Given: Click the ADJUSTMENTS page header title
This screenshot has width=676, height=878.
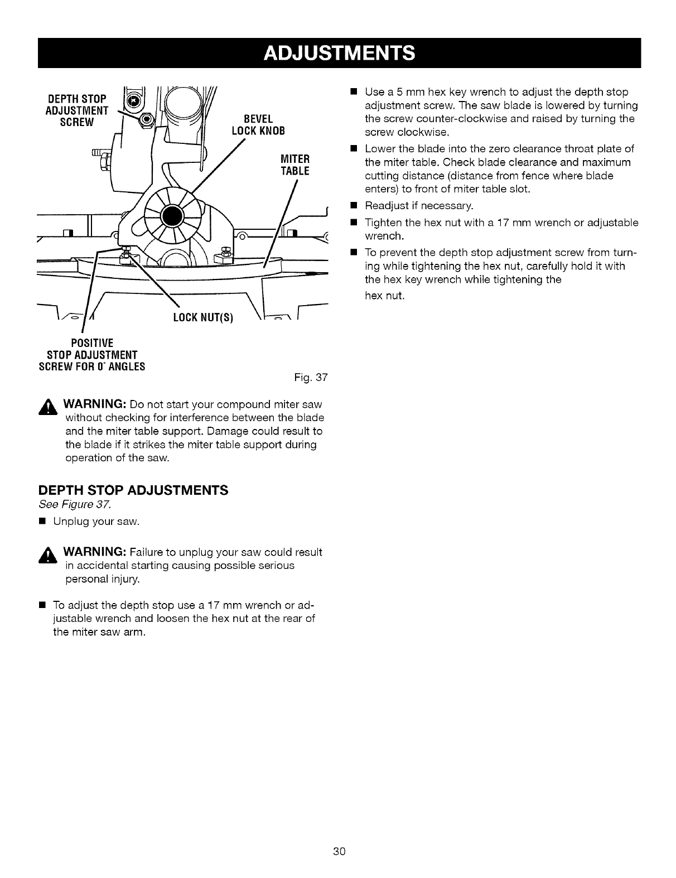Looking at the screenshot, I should click(x=339, y=52).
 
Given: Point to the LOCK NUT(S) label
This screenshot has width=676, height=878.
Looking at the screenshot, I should click(x=202, y=318).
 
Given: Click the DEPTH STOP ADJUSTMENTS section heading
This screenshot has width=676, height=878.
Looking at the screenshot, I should click(x=133, y=490).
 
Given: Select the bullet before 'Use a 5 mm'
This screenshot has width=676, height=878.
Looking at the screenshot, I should click(x=353, y=91).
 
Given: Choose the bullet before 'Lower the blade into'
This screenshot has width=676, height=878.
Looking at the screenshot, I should click(x=353, y=149).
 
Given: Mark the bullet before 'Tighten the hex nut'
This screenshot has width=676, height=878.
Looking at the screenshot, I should click(x=353, y=223).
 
